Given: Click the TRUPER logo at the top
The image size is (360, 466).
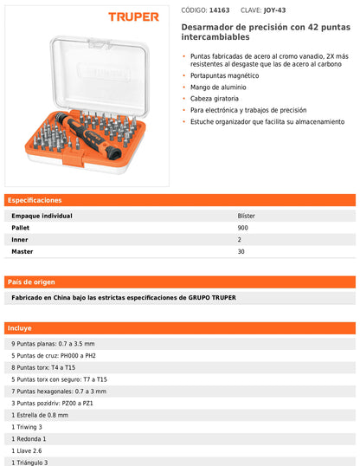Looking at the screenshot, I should [133, 16].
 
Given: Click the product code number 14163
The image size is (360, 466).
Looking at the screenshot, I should [221, 11].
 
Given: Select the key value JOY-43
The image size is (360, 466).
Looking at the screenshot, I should [276, 11].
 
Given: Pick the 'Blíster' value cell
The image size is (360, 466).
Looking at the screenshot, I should [246, 215].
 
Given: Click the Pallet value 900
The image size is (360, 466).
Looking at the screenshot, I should [242, 227].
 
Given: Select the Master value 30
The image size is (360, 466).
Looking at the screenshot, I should [241, 251].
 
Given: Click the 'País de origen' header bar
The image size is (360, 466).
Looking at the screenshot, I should [180, 282].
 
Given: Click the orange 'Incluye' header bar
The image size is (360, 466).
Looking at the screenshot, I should [180, 328].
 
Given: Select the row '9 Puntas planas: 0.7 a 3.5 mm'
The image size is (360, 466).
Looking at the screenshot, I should [54, 344].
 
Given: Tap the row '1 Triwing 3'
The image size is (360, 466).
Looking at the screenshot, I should [27, 427].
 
